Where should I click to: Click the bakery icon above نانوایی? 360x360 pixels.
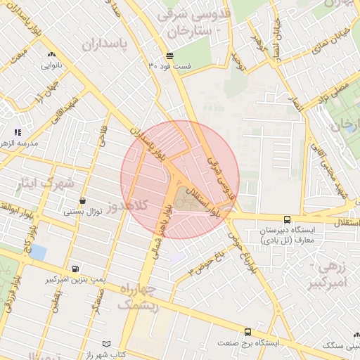[x=51, y=54]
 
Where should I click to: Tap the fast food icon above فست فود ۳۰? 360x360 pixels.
[x=169, y=56]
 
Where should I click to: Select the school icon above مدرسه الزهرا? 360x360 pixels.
[x=18, y=131]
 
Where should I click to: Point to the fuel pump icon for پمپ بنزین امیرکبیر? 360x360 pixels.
[x=75, y=269]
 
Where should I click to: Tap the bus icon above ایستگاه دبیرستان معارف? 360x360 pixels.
[x=288, y=219]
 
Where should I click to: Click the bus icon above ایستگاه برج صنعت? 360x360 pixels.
[x=247, y=332]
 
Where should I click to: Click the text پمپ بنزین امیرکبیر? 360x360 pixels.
[x=75, y=280]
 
